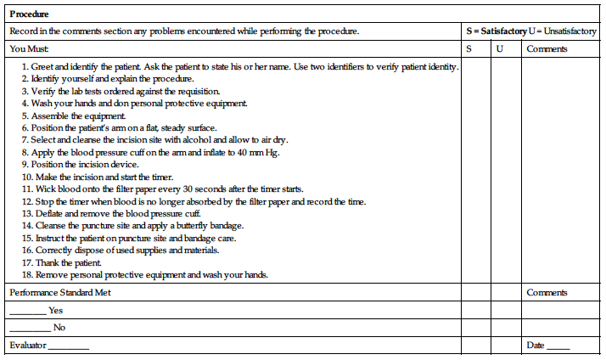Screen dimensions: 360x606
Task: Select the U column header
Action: point(499,48)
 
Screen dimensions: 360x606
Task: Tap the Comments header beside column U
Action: point(547,48)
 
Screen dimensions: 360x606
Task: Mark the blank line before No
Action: point(30,329)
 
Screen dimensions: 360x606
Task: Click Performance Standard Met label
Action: point(59,292)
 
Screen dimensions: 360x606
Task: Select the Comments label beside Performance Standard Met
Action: point(547,292)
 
